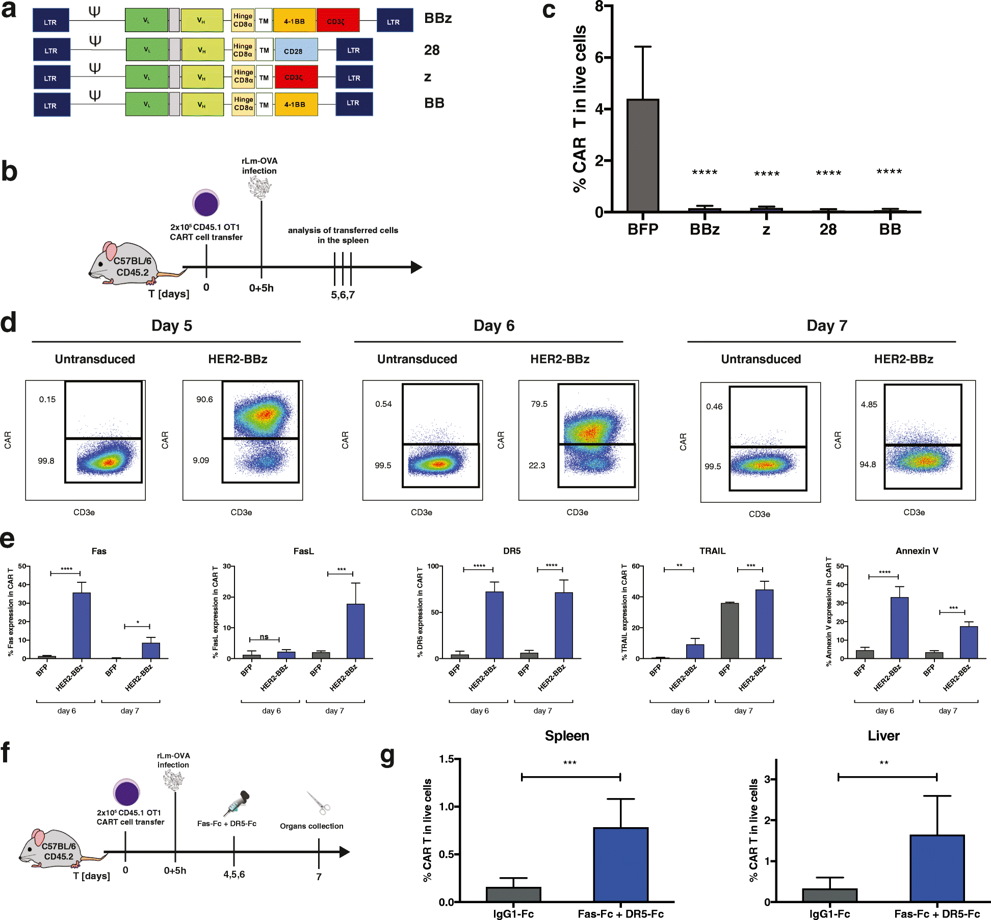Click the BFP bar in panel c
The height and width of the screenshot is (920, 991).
(642, 156)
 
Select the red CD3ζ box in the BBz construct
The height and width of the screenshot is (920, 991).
(337, 21)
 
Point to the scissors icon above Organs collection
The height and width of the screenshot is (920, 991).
(319, 803)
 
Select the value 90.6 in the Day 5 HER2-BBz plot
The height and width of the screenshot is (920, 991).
(204, 399)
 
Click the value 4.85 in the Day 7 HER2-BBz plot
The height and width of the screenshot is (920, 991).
(869, 404)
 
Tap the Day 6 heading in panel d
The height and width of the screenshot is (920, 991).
(493, 326)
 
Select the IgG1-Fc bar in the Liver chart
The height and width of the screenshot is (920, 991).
(829, 895)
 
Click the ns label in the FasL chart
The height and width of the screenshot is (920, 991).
(264, 636)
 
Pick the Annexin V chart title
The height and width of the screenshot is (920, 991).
(917, 551)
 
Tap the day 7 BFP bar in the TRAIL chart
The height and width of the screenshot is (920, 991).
(729, 631)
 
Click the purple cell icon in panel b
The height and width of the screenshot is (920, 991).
(206, 203)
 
